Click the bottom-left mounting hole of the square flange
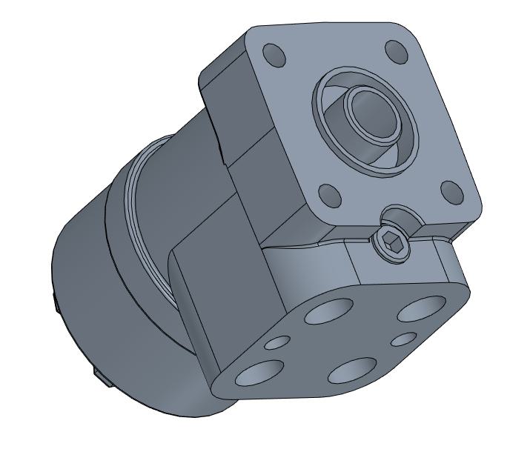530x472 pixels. tap(331, 197)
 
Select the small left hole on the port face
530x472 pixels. tap(278, 342)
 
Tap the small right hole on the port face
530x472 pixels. tap(404, 339)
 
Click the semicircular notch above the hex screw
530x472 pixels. tap(398, 215)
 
